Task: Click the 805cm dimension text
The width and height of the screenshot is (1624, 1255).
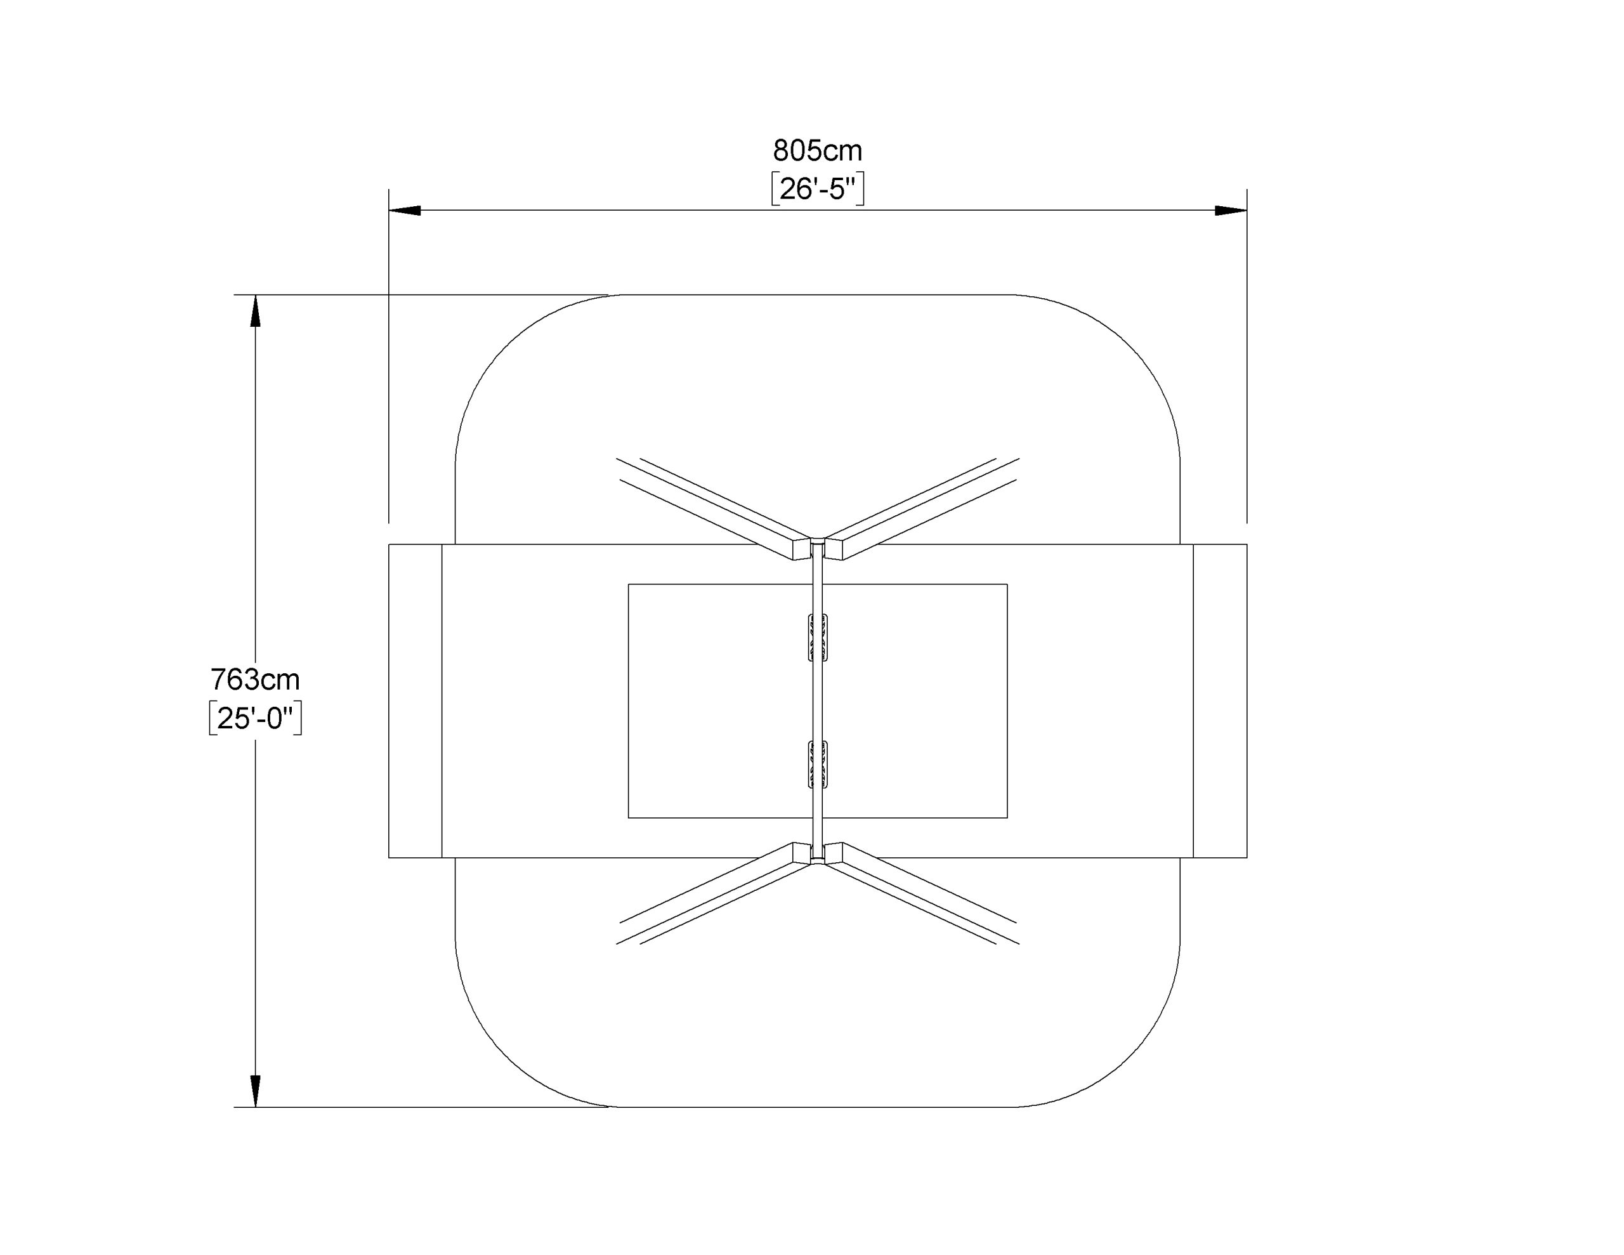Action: point(817,151)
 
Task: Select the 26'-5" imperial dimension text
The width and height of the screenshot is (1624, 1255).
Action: point(817,189)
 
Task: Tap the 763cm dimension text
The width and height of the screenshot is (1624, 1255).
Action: point(255,679)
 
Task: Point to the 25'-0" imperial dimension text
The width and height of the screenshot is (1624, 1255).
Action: point(255,718)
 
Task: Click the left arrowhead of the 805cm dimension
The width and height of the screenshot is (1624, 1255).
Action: point(405,211)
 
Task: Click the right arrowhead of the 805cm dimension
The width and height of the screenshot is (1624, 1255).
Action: point(1231,211)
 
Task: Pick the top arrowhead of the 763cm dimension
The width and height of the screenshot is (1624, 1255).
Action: point(255,311)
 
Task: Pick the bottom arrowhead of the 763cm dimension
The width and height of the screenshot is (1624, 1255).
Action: point(255,1091)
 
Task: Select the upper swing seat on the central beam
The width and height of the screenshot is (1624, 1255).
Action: point(817,638)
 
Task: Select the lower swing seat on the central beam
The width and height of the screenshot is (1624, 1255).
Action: point(817,764)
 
